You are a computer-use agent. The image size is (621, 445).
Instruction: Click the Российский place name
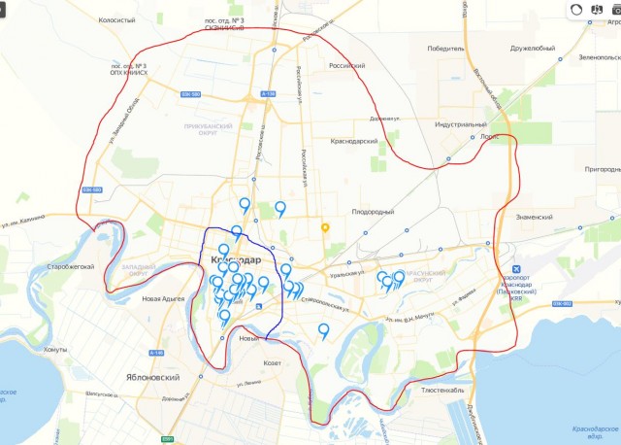pyautogui.click(x=346, y=66)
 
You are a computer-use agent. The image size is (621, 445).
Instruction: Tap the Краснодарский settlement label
pyautogui.click(x=354, y=141)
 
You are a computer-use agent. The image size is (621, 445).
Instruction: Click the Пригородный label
pyautogui.click(x=588, y=169)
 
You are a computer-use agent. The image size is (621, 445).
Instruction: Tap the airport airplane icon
pyautogui.click(x=517, y=268)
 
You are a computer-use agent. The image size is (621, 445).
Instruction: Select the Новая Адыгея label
pyautogui.click(x=162, y=299)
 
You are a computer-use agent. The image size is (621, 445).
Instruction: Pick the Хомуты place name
pyautogui.click(x=56, y=348)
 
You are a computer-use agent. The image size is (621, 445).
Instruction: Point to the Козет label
pyautogui.click(x=272, y=363)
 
